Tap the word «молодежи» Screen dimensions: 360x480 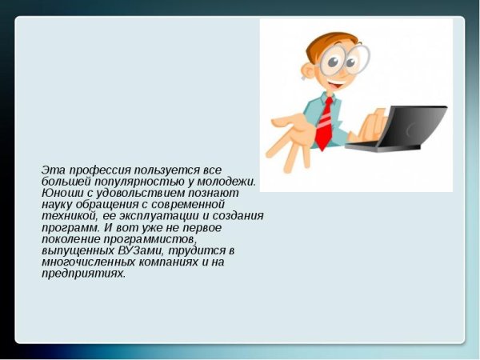[226, 182]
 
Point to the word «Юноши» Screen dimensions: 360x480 [60, 193]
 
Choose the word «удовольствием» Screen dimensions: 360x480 [132, 193]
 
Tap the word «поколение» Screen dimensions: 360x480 [71, 239]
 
